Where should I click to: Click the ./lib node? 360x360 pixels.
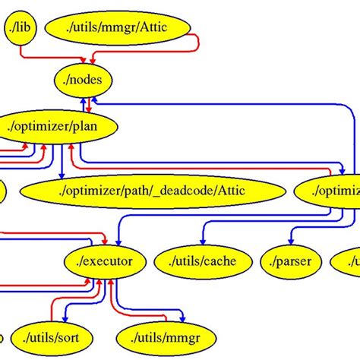[21, 28]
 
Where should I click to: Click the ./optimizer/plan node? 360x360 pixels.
[58, 126]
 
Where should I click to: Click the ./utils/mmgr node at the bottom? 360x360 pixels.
[166, 335]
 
